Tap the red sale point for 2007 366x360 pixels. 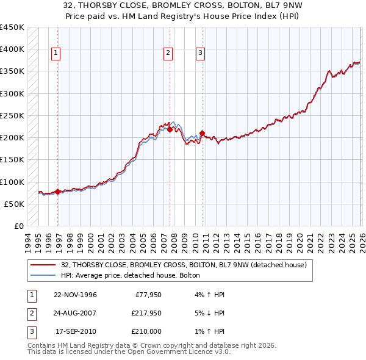170,129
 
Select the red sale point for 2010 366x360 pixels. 202,133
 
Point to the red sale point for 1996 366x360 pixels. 58,192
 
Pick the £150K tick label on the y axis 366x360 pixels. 12,160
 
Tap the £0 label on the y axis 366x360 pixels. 18,226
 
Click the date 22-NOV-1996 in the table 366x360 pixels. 75,295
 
